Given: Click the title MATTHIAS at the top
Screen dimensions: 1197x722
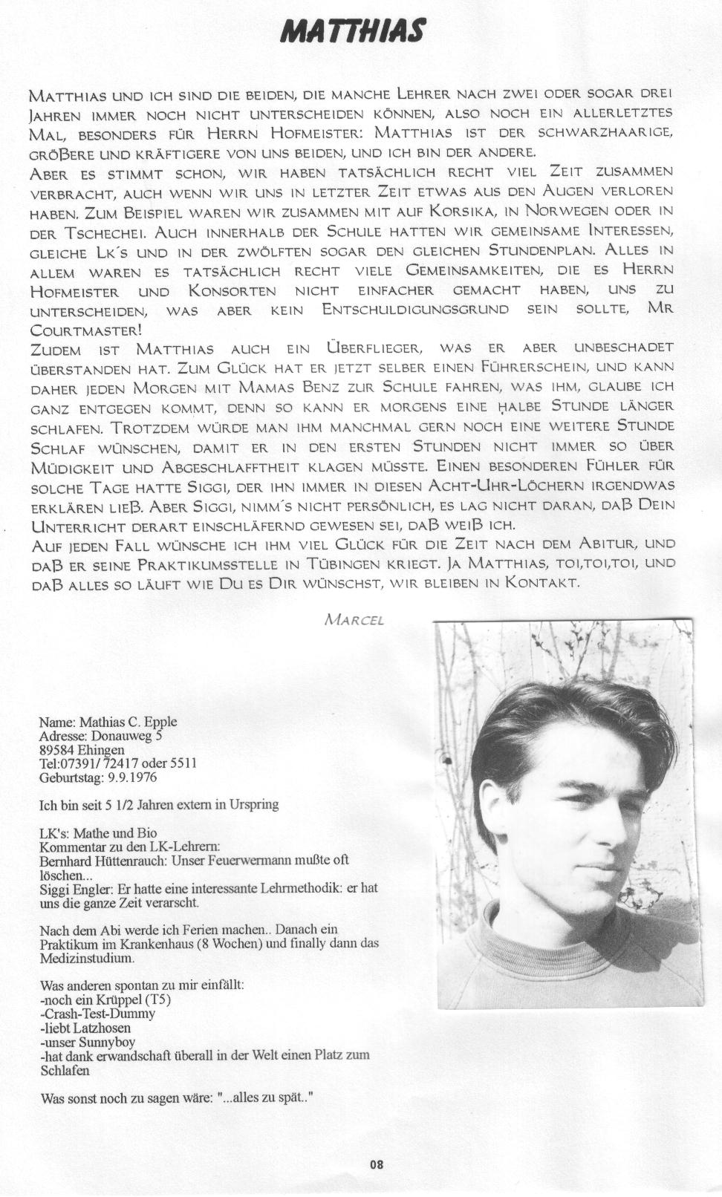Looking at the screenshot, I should [x=354, y=31].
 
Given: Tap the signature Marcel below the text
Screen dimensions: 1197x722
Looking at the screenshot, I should [x=354, y=619].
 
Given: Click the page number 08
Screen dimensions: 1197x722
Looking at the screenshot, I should [x=377, y=1164].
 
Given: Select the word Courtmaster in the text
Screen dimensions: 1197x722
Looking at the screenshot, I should [x=85, y=330].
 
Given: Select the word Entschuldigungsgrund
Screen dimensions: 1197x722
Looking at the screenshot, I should [x=406, y=310].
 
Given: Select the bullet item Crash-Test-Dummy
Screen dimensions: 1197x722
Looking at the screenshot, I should [x=98, y=1014].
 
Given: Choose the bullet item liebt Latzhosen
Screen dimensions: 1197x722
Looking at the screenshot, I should [x=86, y=1028].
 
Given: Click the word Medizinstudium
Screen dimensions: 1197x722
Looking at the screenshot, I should [x=87, y=958].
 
